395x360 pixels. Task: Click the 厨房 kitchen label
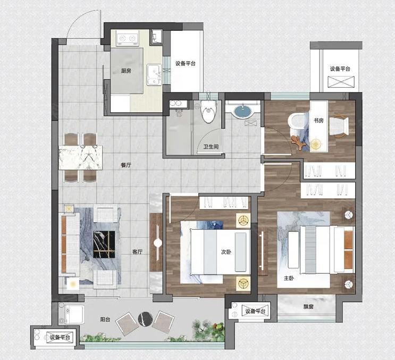[126, 71]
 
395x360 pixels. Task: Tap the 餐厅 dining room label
[126, 165]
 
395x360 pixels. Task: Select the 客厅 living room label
[138, 252]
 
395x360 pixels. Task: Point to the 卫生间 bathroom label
[211, 146]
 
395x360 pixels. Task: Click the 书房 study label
[318, 120]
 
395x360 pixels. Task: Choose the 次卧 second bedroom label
[226, 252]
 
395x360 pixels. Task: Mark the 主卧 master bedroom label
[289, 278]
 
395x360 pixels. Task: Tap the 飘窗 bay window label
[308, 307]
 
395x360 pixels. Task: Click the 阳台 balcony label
[105, 320]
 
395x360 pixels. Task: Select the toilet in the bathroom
[208, 111]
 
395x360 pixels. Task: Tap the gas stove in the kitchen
[128, 38]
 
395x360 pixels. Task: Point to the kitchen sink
[154, 74]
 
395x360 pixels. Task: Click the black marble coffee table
[104, 245]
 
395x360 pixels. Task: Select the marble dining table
[81, 158]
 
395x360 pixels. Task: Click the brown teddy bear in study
[299, 143]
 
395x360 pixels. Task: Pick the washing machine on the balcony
[72, 314]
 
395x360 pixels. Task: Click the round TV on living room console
[158, 243]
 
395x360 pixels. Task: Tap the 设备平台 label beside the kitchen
[186, 63]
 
